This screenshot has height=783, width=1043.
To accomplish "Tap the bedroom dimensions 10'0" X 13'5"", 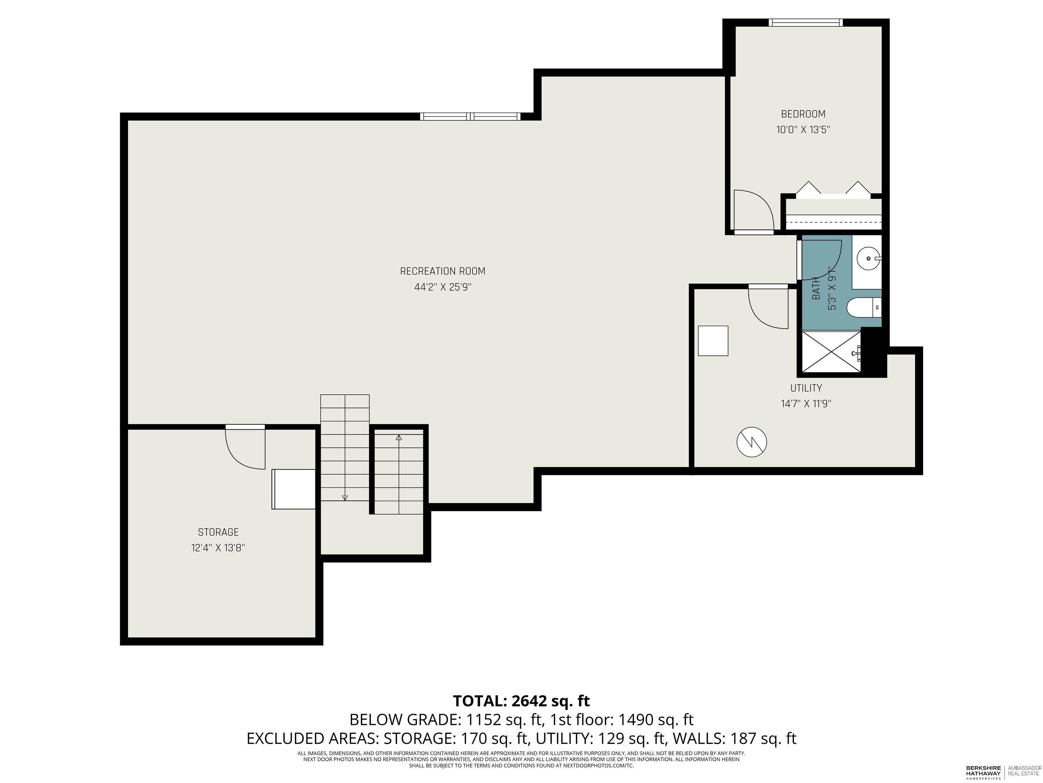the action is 803,130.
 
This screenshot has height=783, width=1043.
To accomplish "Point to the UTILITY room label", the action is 806,388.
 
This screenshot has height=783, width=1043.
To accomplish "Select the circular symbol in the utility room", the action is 752,442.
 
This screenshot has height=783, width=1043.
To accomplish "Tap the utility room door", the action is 769,307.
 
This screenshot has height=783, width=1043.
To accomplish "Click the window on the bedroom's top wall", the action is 805,22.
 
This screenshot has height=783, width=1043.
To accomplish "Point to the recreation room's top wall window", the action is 470,117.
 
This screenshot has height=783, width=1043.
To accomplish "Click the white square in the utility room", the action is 713,341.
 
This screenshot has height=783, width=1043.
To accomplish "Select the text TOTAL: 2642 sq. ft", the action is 521,701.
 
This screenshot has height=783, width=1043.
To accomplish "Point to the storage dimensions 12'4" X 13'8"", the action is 218,548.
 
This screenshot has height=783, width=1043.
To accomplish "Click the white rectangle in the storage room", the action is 293,489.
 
